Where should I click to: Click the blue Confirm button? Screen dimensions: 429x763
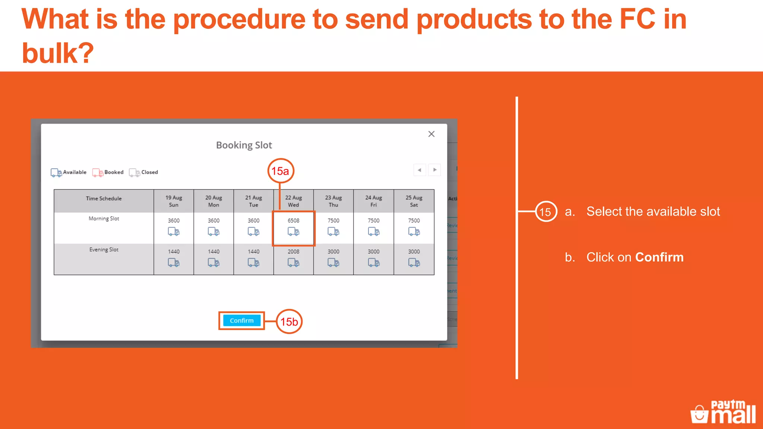click(241, 321)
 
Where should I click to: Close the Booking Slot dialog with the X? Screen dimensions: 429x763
click(431, 134)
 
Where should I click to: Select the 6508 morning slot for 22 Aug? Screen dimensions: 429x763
click(294, 227)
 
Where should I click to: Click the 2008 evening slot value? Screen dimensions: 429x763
click(294, 252)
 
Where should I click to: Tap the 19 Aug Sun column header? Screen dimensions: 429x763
click(174, 201)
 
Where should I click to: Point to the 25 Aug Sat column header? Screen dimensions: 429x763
click(414, 201)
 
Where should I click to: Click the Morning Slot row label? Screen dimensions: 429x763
click(104, 219)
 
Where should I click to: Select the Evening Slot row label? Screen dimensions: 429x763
click(104, 250)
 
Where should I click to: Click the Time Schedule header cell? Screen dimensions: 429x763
click(104, 198)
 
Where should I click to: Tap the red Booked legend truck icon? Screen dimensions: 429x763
click(98, 173)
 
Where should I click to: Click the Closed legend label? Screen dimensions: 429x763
click(149, 172)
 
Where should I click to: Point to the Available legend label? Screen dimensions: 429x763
click(75, 172)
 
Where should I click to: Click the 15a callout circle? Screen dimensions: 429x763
click(281, 171)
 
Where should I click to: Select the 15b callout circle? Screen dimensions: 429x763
click(289, 321)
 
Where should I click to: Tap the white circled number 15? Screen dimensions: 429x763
click(546, 212)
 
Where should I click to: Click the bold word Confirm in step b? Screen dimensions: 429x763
click(659, 257)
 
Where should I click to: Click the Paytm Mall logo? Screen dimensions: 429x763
click(723, 412)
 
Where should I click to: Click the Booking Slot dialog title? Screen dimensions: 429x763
click(244, 145)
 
